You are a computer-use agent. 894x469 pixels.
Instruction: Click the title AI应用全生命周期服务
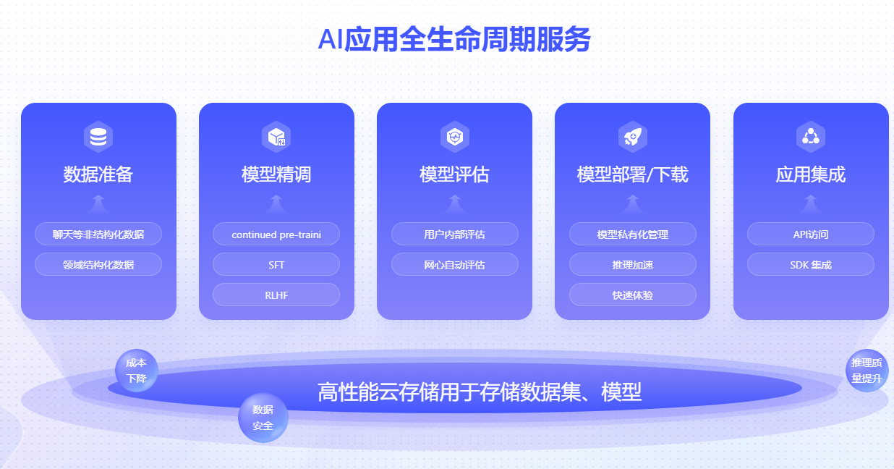[x=454, y=39]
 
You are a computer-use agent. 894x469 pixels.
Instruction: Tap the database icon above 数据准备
[x=98, y=137]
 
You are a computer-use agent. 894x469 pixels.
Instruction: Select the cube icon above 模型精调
[x=276, y=137]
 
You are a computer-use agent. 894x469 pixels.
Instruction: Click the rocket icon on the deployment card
[x=633, y=137]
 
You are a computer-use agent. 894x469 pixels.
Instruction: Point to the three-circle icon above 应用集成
[x=811, y=137]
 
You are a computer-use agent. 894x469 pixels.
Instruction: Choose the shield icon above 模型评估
[x=454, y=137]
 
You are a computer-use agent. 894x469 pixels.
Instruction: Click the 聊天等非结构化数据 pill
[x=98, y=234]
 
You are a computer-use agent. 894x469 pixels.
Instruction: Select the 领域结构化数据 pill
[x=98, y=264]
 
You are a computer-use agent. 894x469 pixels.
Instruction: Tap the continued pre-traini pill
[x=276, y=234]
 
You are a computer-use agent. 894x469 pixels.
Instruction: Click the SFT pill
[x=276, y=264]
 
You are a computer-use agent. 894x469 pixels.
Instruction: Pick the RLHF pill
[x=276, y=295]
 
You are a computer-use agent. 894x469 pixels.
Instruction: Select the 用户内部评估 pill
[x=454, y=234]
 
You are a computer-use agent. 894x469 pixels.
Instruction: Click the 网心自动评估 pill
[x=454, y=264]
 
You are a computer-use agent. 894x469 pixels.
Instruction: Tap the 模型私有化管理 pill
[x=633, y=234]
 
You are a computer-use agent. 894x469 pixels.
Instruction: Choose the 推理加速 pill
[x=633, y=264]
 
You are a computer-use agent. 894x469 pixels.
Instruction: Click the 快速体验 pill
[x=633, y=295]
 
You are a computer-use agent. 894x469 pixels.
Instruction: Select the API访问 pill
[x=811, y=234]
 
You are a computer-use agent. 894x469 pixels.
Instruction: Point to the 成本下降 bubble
[x=137, y=371]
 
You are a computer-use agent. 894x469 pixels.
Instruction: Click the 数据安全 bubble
[x=263, y=418]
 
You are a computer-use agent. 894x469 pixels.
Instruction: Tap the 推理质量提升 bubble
[x=867, y=371]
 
